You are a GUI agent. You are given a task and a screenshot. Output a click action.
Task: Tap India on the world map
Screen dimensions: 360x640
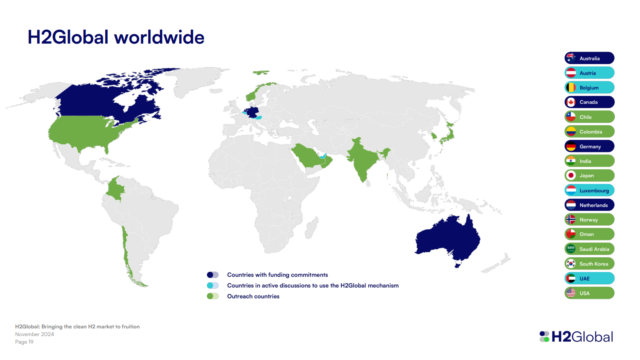pyautogui.click(x=361, y=160)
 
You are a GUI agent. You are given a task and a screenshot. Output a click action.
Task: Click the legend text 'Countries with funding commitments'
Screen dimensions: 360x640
pyautogui.click(x=277, y=274)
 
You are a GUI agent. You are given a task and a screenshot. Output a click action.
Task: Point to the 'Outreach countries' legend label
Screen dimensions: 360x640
pyautogui.click(x=252, y=296)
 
